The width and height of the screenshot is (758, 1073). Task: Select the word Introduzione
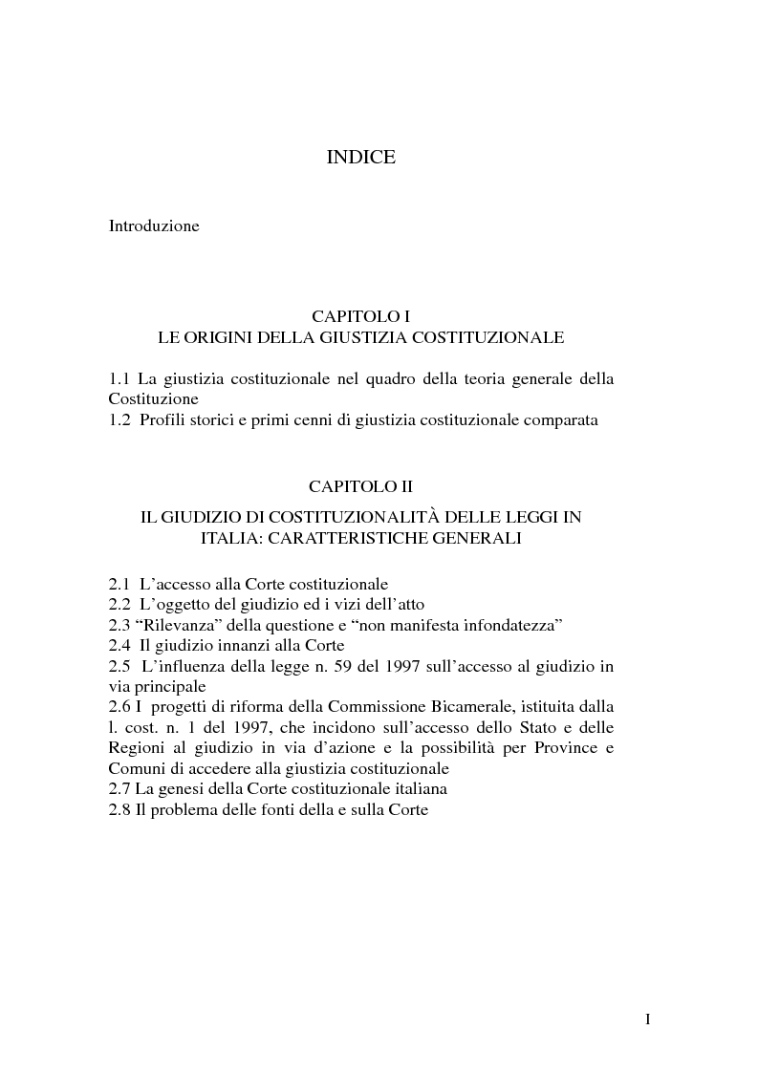(x=154, y=226)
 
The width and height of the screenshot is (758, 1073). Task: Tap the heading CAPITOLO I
(x=361, y=315)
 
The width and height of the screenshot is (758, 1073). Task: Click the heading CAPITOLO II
(x=361, y=485)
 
